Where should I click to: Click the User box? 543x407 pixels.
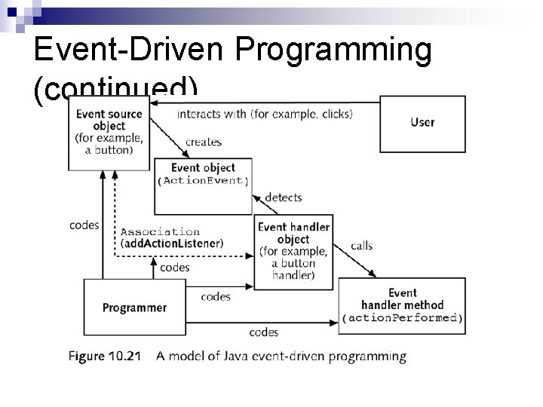422,124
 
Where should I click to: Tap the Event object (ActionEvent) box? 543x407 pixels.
203,184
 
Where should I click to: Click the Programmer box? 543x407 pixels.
134,308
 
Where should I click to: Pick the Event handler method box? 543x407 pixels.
402,305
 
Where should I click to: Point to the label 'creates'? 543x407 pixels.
203,142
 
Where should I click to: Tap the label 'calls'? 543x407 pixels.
361,246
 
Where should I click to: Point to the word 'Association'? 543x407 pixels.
160,231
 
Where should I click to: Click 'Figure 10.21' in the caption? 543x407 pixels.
103,357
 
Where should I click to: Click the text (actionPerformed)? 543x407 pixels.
402,318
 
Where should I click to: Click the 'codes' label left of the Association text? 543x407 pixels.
84,225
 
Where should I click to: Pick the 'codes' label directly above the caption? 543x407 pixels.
263,332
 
